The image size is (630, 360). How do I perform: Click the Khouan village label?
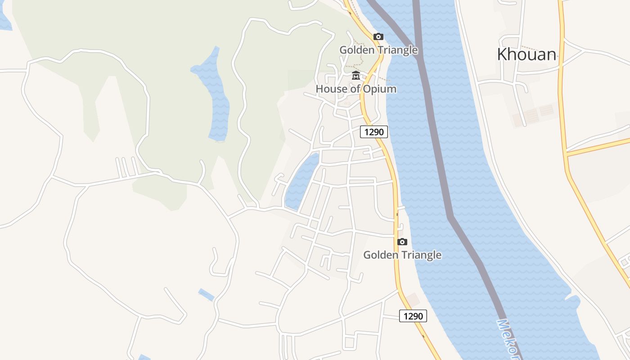click(526, 54)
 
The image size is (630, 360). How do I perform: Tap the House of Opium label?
click(356, 89)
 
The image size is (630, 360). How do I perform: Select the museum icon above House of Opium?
click(356, 75)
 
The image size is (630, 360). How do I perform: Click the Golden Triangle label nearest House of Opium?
click(378, 50)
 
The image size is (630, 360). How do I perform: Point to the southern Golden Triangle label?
click(402, 255)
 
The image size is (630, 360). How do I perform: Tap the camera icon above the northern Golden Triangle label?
click(378, 37)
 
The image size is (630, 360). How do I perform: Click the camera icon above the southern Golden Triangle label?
click(402, 242)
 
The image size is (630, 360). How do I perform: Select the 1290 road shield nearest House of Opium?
click(374, 132)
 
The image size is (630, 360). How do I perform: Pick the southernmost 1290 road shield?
click(413, 316)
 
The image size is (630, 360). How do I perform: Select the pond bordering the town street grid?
click(301, 180)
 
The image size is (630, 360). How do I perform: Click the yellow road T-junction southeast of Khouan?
click(567, 154)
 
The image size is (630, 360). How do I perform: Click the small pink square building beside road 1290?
click(414, 299)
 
